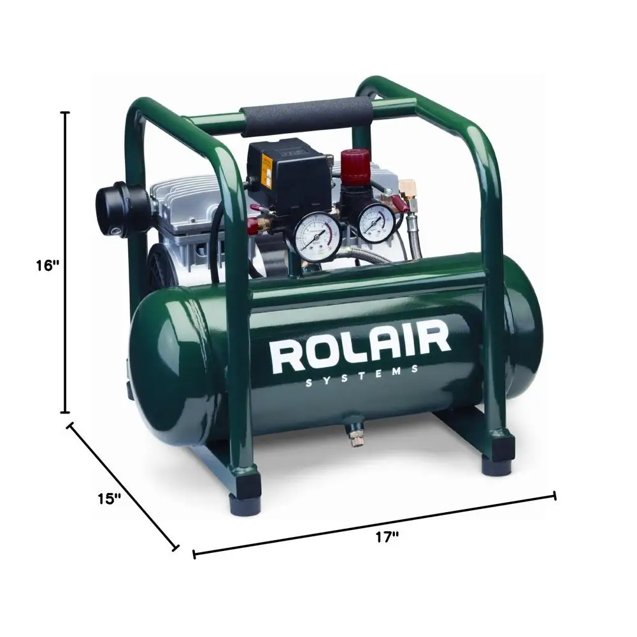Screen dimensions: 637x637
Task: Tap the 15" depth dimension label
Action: tap(110, 498)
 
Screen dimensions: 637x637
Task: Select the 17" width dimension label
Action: tap(386, 537)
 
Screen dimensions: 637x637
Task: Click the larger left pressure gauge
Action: tap(317, 237)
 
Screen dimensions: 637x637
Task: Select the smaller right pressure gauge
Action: tap(375, 222)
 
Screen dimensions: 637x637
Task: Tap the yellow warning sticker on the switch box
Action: tap(267, 169)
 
